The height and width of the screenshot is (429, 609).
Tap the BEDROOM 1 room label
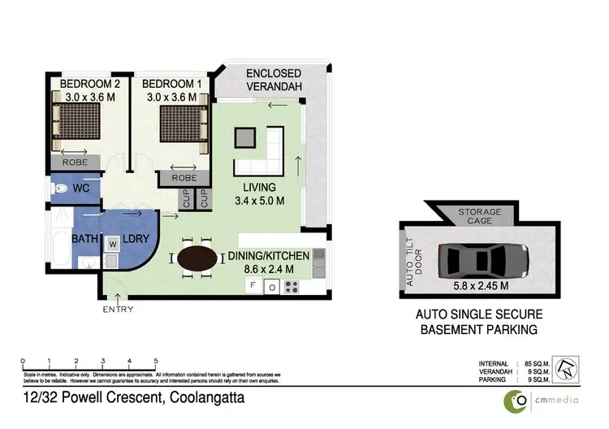[x=171, y=84]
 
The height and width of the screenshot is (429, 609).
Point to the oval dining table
[x=197, y=259]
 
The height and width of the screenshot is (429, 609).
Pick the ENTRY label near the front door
[x=117, y=310]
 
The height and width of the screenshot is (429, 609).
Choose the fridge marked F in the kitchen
[x=253, y=285]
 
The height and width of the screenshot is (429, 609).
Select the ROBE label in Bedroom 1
[x=184, y=177]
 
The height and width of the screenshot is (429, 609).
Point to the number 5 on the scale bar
[x=155, y=360]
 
